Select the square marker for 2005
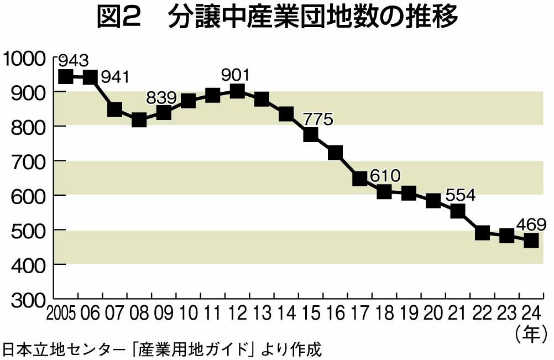[x=66, y=76]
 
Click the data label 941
[x=114, y=76]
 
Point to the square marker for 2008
[x=139, y=119]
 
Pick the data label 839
[x=161, y=98]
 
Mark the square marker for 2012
[x=237, y=91]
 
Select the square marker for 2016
[x=335, y=153]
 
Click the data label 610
[x=385, y=176]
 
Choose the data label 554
[x=461, y=196]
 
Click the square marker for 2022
[x=482, y=232]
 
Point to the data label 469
[x=531, y=225]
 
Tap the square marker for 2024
[x=531, y=241]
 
